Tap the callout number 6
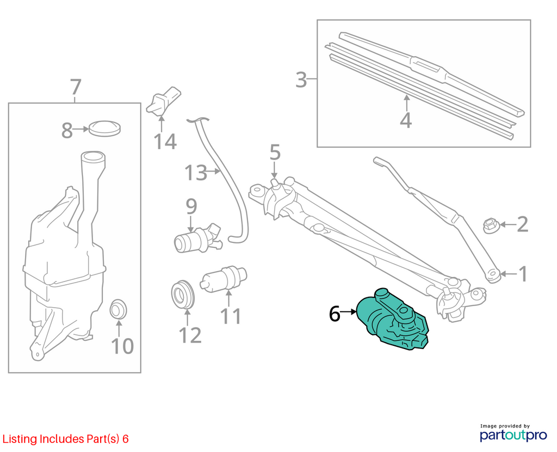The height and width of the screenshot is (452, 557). click(335, 314)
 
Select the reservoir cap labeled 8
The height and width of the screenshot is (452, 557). click(104, 129)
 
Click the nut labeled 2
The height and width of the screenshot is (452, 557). click(491, 225)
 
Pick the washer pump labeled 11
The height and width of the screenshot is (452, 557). click(224, 278)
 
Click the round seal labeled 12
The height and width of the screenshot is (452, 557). click(183, 295)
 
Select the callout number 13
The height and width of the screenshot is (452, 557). click(196, 173)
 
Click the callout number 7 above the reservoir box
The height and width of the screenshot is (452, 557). click(76, 87)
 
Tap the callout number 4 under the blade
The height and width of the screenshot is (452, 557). click(406, 120)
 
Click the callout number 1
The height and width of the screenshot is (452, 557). click(523, 274)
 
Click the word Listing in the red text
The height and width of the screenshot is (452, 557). click(20, 439)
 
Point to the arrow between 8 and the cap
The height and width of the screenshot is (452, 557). click(81, 130)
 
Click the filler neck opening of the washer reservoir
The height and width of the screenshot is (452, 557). click(93, 156)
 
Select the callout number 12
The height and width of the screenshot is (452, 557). click(190, 335)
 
